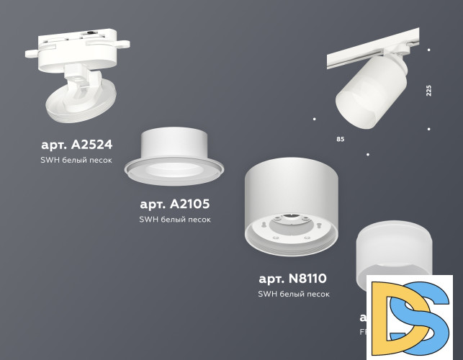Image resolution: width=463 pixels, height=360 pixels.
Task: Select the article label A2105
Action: (x=175, y=204)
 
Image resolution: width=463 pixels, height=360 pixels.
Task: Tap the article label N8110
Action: (x=292, y=279)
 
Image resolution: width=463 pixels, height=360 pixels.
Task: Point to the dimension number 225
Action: (x=428, y=91)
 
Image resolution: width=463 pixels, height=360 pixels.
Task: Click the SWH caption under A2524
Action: (x=76, y=160)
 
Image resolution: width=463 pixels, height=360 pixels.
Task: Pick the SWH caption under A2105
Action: (x=175, y=219)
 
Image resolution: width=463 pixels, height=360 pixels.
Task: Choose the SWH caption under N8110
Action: (x=293, y=294)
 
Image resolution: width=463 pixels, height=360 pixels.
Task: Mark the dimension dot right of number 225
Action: (x=428, y=129)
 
